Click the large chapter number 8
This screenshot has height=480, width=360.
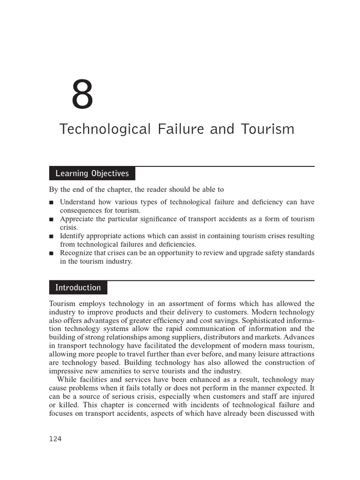point(82,96)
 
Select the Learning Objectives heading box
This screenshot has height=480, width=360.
point(92,173)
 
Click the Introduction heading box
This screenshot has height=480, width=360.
point(78,288)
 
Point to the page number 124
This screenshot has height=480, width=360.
point(55,439)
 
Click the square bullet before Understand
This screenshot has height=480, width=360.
point(51,202)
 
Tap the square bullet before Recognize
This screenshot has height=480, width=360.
point(51,253)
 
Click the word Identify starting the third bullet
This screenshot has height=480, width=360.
point(72,236)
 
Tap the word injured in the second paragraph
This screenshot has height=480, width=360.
point(302,397)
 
